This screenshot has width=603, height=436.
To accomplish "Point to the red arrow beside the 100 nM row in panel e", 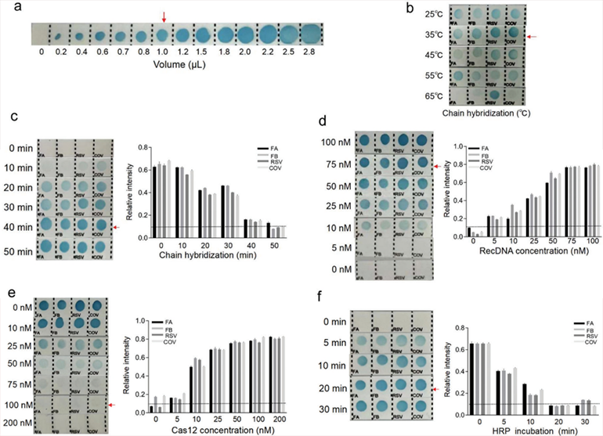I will coord(114,404).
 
